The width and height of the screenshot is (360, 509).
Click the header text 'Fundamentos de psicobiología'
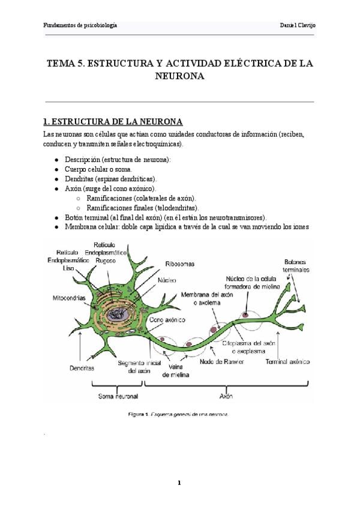click(80, 25)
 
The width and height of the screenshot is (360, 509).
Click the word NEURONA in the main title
click(180, 76)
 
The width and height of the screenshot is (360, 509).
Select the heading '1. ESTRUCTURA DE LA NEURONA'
click(109, 122)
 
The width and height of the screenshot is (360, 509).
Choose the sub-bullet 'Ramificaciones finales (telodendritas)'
click(143, 207)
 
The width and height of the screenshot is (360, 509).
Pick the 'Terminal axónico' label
click(287, 362)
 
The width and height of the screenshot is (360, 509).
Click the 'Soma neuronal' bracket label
click(118, 397)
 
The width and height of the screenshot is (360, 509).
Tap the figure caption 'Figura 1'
click(138, 414)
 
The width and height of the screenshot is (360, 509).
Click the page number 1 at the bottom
click(179, 482)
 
